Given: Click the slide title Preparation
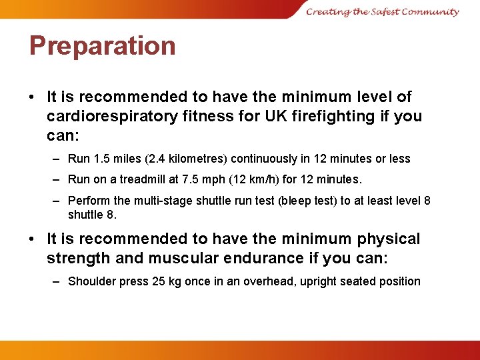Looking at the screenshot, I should [x=102, y=46].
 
